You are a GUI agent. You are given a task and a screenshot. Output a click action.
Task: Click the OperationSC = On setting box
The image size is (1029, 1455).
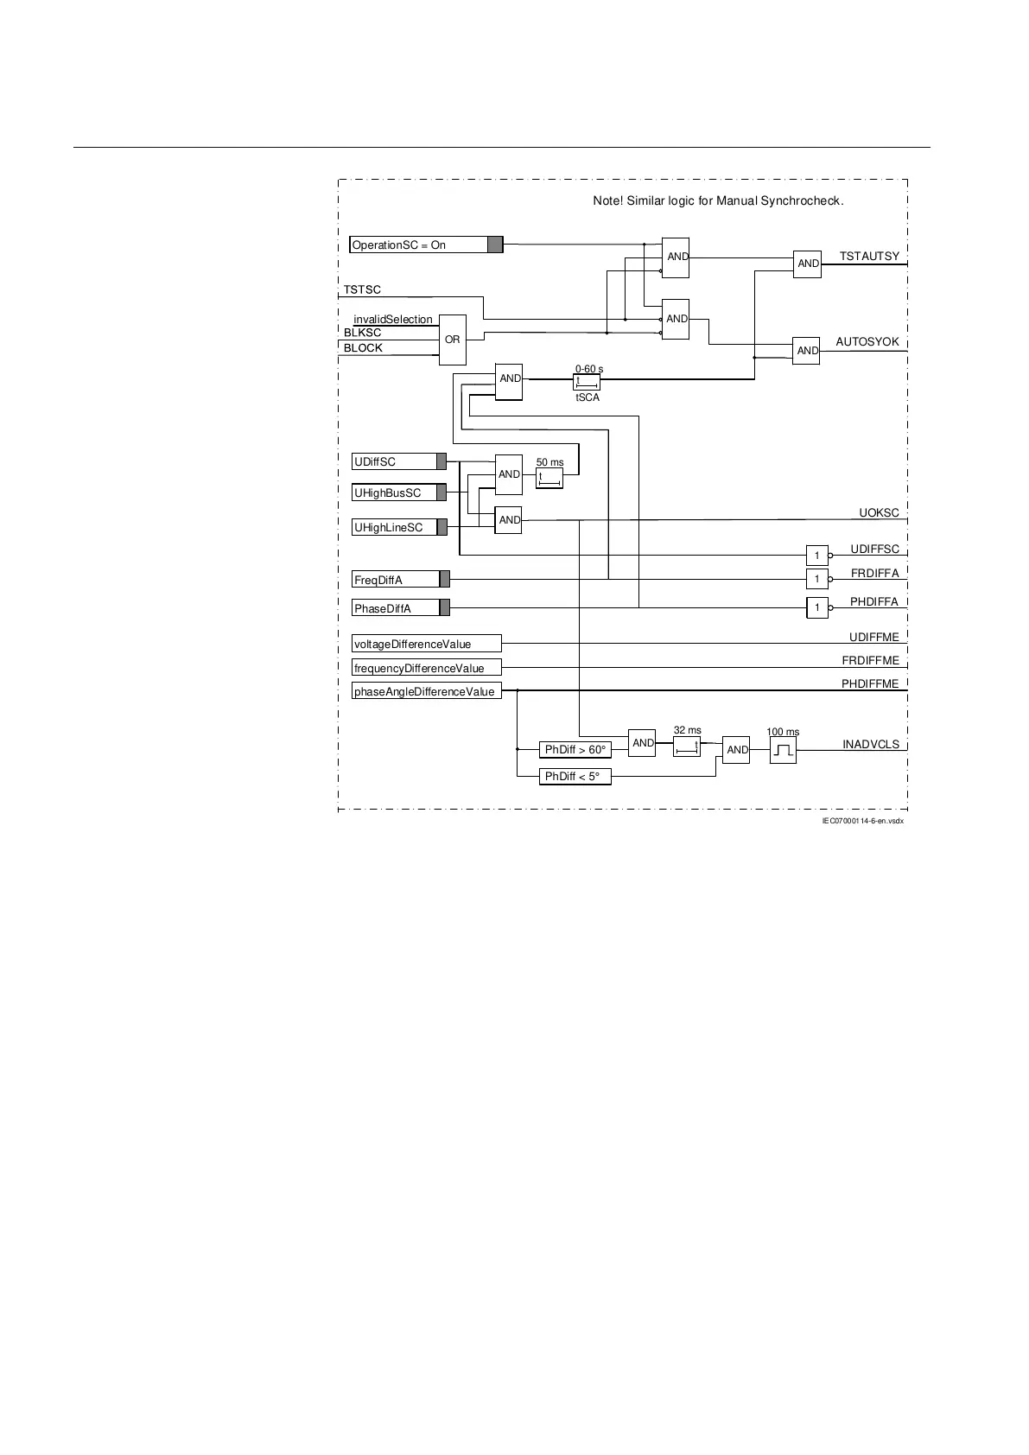click(x=419, y=245)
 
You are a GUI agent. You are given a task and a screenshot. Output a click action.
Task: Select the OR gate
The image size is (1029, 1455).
click(x=453, y=340)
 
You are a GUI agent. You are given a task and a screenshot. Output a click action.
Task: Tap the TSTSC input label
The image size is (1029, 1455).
click(x=362, y=289)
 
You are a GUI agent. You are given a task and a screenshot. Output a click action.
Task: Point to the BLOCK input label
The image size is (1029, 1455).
click(x=363, y=348)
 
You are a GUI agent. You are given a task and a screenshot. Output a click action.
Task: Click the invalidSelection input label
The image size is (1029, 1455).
click(x=393, y=320)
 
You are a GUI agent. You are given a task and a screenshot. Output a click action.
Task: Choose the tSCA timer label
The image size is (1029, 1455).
click(x=588, y=397)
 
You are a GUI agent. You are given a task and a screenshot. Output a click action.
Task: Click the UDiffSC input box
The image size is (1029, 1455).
click(x=394, y=461)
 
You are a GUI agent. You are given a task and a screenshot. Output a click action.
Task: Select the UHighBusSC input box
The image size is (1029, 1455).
click(x=394, y=492)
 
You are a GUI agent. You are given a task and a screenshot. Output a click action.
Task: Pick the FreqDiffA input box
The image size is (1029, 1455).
click(x=396, y=580)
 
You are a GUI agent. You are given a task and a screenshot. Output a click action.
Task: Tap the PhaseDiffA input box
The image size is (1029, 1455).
click(x=396, y=608)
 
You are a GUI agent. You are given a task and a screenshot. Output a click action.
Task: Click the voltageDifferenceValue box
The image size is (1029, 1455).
click(x=426, y=644)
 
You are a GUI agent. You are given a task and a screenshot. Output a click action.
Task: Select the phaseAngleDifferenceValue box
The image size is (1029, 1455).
click(x=426, y=691)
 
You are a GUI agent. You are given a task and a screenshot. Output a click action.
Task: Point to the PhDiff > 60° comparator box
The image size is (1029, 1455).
click(x=575, y=749)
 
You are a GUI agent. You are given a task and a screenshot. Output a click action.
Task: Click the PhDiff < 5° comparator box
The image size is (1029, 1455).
click(x=575, y=777)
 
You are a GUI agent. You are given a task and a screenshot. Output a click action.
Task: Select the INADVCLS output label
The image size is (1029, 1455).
click(x=871, y=745)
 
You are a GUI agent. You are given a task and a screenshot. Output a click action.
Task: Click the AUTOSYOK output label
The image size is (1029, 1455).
click(x=867, y=342)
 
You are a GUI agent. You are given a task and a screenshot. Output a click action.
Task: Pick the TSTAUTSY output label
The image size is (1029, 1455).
click(x=869, y=257)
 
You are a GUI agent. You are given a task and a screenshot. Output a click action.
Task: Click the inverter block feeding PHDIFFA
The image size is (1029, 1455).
click(x=817, y=608)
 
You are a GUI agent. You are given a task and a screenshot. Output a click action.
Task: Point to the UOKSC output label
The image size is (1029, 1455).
click(x=879, y=513)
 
